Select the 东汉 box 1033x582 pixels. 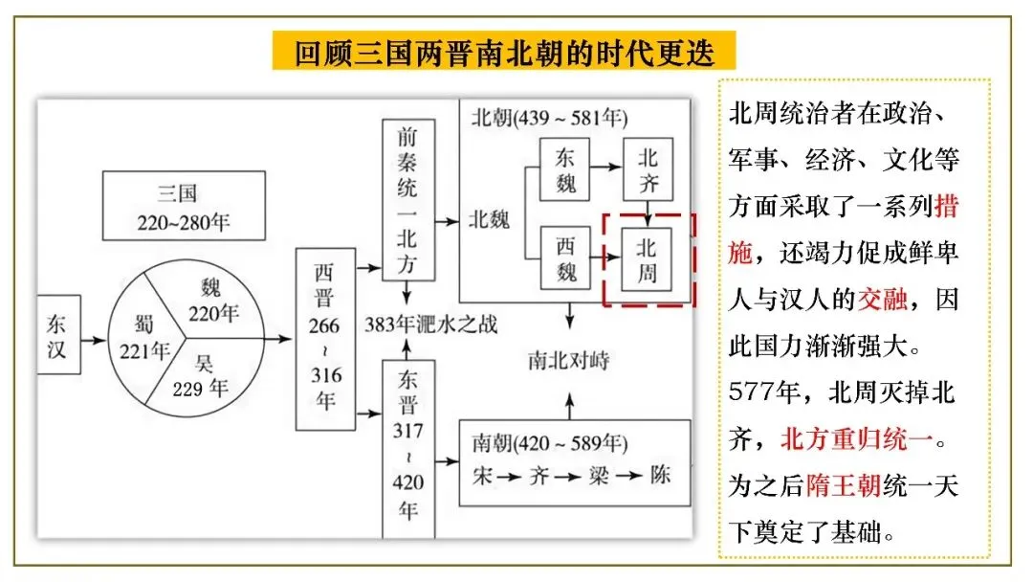pyautogui.click(x=58, y=339)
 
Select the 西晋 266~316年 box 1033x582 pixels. pyautogui.click(x=325, y=339)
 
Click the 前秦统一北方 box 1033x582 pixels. pyautogui.click(x=408, y=199)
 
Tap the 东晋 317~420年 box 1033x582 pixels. pyautogui.click(x=408, y=450)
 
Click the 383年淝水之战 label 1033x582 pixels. pyautogui.click(x=430, y=324)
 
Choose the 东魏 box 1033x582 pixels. pyautogui.click(x=564, y=169)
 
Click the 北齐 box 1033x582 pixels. pyautogui.click(x=648, y=169)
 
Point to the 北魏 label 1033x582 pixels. pyautogui.click(x=489, y=219)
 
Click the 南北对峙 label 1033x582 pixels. pyautogui.click(x=569, y=361)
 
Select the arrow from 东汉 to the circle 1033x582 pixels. pyautogui.click(x=93, y=339)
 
